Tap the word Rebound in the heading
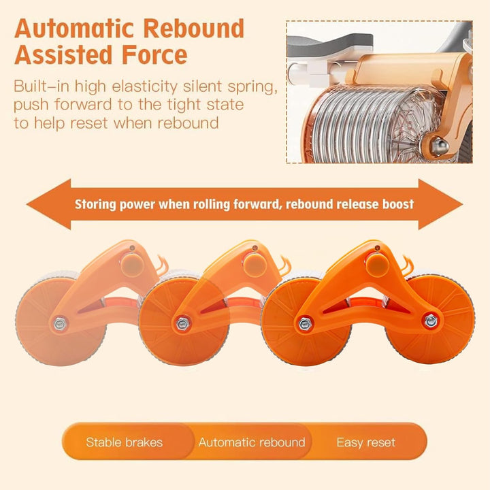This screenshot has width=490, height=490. (x=198, y=28)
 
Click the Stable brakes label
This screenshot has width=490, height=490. (x=124, y=442)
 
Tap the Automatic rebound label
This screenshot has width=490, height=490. (x=252, y=442)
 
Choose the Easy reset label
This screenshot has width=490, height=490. (x=366, y=442)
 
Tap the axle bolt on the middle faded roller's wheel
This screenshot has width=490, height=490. (x=182, y=324)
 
